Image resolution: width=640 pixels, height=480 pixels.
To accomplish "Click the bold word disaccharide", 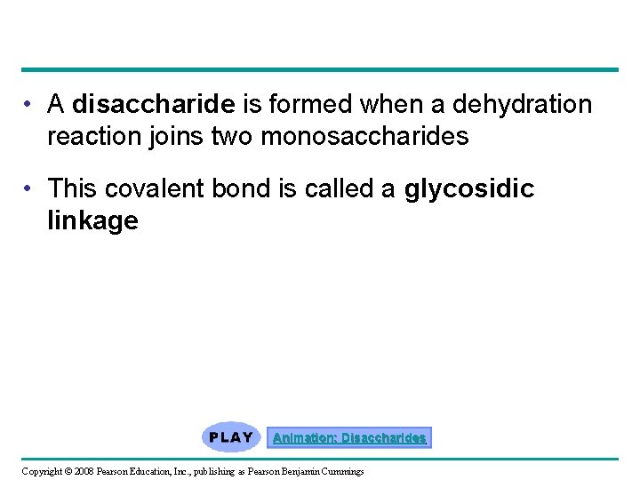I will point(153,105).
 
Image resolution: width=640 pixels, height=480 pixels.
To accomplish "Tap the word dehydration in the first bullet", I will point(522,105).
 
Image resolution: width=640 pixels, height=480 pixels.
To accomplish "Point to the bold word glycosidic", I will point(469,188).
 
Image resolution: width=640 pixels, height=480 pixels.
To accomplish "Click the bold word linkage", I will point(92,220).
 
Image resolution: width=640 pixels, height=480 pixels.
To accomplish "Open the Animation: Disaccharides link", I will point(349,438).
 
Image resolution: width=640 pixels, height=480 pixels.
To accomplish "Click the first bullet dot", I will point(30,106).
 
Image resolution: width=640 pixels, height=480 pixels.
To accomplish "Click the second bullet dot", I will point(30,189).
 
